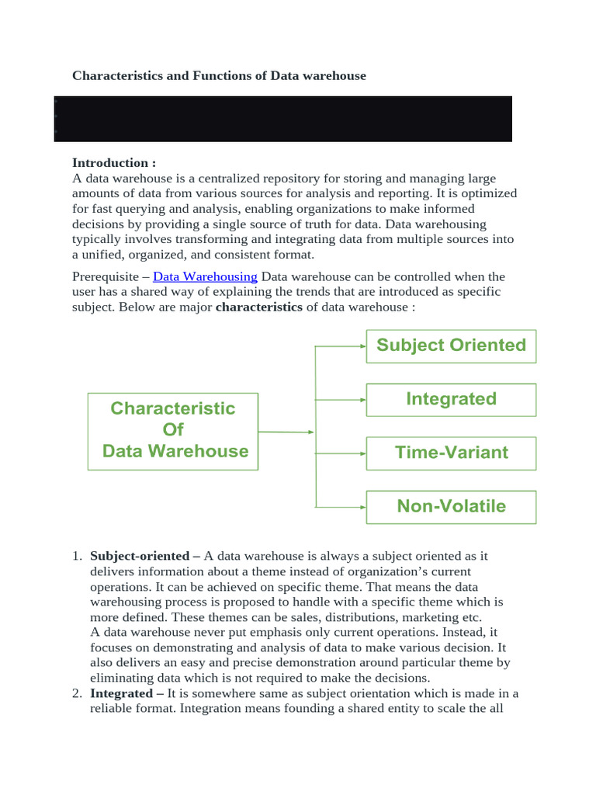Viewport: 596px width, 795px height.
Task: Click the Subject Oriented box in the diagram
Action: [451, 345]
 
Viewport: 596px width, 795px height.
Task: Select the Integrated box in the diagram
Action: [451, 399]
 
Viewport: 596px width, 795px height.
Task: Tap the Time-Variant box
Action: [451, 453]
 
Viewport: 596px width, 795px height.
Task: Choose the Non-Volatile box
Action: [451, 506]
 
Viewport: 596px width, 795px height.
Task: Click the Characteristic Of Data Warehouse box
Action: [172, 430]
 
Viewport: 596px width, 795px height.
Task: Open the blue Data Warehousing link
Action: [205, 276]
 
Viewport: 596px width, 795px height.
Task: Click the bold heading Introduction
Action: [114, 162]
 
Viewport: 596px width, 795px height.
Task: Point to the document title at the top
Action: [219, 75]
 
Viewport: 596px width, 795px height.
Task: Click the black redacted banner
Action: [283, 119]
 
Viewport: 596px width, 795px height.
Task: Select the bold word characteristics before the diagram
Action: [259, 307]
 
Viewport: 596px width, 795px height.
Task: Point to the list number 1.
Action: [76, 556]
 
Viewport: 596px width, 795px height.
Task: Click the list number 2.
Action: [76, 693]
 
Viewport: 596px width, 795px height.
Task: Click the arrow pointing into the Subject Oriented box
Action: [340, 345]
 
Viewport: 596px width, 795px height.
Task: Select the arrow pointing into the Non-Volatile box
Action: [340, 507]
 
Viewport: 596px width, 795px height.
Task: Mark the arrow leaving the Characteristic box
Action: [286, 432]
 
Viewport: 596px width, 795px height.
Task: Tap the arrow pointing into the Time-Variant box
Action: [340, 453]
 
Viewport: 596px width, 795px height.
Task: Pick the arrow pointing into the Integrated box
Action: [340, 400]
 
